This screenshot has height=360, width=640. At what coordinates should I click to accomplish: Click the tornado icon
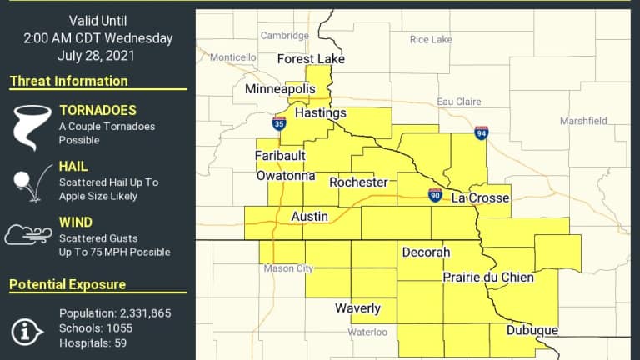coord(28,126)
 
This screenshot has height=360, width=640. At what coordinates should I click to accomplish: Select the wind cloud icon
coord(27,235)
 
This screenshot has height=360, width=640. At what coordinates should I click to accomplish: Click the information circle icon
coord(27,330)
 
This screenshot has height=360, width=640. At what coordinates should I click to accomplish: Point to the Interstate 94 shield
coord(482,132)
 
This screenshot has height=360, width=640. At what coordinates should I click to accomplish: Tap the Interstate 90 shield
coord(435,195)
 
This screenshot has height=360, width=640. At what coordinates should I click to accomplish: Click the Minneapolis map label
coord(281,88)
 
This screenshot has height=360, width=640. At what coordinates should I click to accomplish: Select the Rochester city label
coord(358,182)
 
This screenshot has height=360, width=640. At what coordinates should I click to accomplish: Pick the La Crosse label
coord(480,198)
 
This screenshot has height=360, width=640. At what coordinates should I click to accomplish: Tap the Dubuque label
coord(532,331)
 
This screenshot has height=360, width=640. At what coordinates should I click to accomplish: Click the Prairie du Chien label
coord(487,277)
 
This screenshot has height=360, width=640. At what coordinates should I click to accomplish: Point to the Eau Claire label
coord(459,102)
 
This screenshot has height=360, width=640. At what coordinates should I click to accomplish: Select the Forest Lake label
coord(311,59)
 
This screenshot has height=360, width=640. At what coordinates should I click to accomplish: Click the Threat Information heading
coord(68,82)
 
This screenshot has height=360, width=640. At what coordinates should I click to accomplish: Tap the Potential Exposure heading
coord(67,285)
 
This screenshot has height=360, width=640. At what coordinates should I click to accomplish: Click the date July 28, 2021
coord(98,55)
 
